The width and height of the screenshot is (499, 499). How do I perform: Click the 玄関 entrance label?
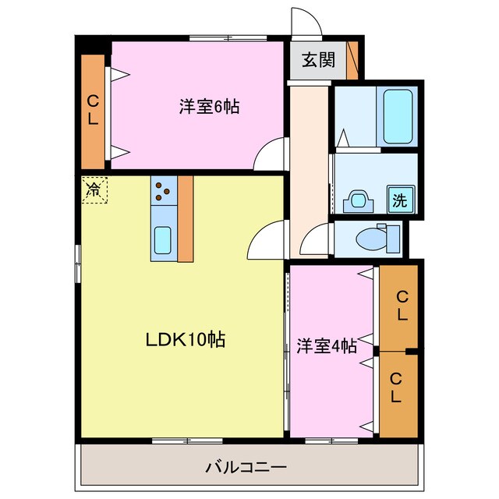(319, 60)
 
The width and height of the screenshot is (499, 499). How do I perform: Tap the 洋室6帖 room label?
(209, 108)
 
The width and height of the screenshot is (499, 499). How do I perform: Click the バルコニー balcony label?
(246, 468)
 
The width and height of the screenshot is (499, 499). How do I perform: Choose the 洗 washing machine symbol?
(399, 200)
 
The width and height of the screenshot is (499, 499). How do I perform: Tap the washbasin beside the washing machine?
(358, 200)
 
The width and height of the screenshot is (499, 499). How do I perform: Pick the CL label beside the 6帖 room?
(93, 111)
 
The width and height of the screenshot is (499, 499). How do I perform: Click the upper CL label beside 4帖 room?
(401, 306)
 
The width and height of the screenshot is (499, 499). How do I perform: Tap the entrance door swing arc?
(305, 21)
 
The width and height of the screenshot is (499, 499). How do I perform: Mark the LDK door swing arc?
(266, 240)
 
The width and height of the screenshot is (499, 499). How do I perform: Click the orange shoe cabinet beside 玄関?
(353, 58)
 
